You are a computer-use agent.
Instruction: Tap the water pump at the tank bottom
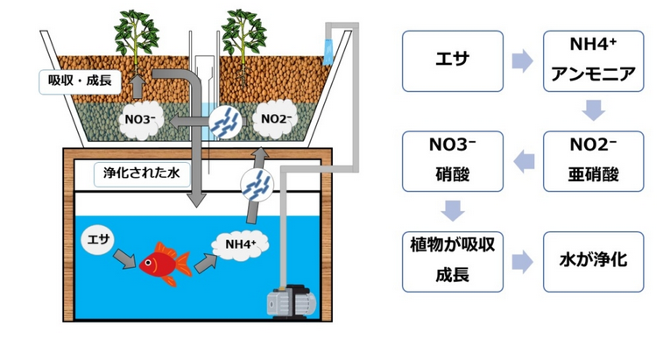point(289,298)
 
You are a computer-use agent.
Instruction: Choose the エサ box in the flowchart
point(452,61)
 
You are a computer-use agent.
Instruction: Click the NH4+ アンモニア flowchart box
point(595,61)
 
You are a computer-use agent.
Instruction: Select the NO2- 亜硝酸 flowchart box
point(595,161)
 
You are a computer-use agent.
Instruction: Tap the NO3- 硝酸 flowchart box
point(452,161)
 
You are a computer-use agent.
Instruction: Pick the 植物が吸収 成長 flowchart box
point(452,261)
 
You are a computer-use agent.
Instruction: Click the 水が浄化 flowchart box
point(595,261)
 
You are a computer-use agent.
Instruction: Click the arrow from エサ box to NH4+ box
point(524,61)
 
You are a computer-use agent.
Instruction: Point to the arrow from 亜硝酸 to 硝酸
point(524,161)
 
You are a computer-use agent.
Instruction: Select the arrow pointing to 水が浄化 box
point(524,261)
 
